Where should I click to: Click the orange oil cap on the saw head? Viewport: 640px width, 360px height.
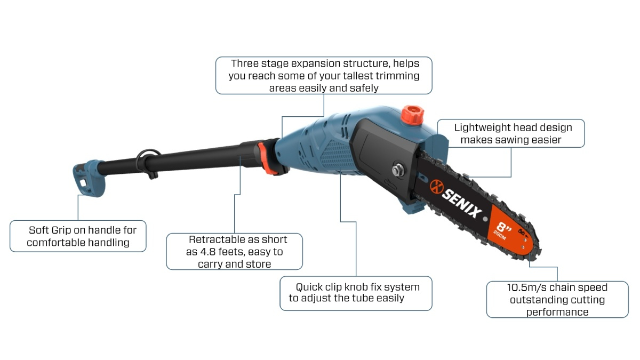tap(412, 115)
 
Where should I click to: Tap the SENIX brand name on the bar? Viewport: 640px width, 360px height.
tap(462, 203)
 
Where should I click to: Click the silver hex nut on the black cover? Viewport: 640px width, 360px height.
tap(397, 170)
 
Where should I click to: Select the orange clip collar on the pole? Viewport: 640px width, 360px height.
tap(266, 158)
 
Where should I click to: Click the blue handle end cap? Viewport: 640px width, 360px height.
tap(89, 178)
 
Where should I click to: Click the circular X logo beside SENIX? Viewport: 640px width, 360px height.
tap(437, 186)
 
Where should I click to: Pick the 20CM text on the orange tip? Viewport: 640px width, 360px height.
tap(499, 235)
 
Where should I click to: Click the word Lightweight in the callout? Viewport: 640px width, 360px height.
tap(481, 127)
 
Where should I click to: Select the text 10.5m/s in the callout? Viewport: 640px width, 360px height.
tap(526, 287)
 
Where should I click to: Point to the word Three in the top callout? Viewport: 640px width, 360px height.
tap(244, 63)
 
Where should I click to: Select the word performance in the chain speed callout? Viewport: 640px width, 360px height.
tap(557, 312)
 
